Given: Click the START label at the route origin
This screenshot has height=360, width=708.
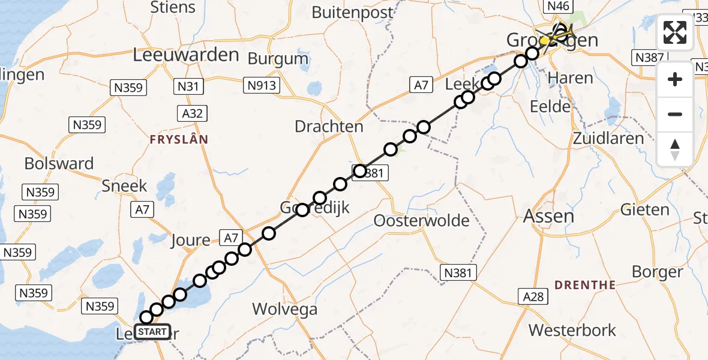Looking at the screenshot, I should (152, 332).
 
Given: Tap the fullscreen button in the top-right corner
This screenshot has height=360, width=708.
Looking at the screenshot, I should (675, 32).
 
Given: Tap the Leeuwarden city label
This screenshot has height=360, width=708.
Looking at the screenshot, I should (186, 55).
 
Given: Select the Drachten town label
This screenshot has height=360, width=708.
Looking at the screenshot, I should (329, 127).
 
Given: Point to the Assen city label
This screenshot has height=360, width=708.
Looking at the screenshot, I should (548, 215).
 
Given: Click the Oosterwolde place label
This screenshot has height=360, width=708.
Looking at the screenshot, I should (421, 220).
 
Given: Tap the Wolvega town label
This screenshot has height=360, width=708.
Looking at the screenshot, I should (284, 309).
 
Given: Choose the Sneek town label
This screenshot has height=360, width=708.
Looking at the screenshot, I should (124, 185).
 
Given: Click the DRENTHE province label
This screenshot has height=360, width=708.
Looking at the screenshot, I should (585, 284).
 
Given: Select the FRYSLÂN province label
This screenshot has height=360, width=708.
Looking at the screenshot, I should (179, 139).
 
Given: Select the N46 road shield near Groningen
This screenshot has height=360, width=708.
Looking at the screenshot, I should (556, 7).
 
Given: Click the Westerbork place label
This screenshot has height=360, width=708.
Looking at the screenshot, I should (572, 330).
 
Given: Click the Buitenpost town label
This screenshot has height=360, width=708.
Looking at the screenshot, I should (353, 12).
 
